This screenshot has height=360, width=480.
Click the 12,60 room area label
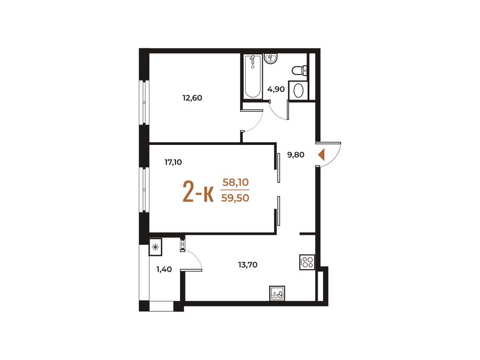coord(192,98)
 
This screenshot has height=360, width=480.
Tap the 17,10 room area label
coord(173,162)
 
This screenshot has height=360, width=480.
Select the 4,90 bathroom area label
coord(276,89)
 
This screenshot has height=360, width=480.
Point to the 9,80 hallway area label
coord(296,155)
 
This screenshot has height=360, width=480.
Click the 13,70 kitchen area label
coord(247,264)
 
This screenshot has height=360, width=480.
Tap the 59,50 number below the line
coord(236,197)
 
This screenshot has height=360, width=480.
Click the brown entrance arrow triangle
coord(321,155)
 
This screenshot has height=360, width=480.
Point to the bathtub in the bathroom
coord(252,76)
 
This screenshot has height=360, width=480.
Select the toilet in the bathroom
coord(299,70)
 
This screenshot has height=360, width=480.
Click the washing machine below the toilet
coord(298,90)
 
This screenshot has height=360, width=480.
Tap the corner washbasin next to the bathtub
coord(271,59)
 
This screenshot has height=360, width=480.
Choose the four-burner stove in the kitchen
coord(307,262)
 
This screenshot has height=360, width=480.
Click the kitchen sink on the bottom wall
coord(277,293)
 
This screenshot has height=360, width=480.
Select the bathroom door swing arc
coord(278,112)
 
